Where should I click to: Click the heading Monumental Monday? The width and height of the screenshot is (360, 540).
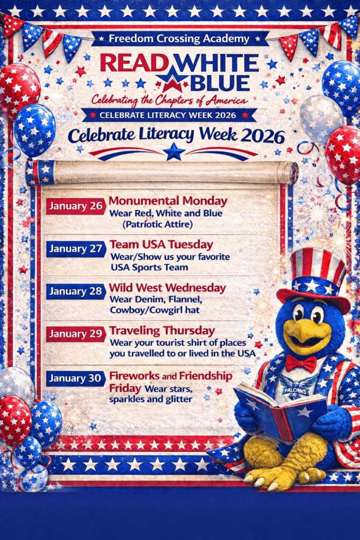[x=168, y=202]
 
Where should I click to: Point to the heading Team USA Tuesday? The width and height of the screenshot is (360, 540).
[x=161, y=244]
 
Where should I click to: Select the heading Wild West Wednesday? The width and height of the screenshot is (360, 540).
[x=167, y=287]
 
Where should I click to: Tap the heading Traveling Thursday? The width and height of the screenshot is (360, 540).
[x=162, y=330]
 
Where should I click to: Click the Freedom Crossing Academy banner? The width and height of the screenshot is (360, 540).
[x=180, y=38]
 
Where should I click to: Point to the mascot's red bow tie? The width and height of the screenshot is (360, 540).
[x=301, y=363]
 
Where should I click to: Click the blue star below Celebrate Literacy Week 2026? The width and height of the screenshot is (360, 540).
[x=174, y=152]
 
